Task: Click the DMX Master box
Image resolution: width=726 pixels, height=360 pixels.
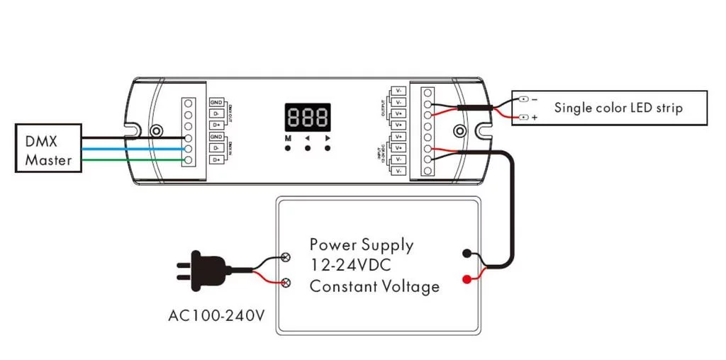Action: coord(48,150)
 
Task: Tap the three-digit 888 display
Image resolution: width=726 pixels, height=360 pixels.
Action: coord(308,116)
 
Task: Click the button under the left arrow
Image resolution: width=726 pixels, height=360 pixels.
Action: coord(308,149)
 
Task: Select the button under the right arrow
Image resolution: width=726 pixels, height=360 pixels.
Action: coord(327,149)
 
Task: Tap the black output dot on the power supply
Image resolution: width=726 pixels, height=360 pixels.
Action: coord(466,252)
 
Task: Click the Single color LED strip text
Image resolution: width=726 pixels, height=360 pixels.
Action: coord(618,108)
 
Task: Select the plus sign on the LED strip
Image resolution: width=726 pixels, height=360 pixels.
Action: coord(532,117)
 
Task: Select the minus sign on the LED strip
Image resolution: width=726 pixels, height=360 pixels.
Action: coord(533,99)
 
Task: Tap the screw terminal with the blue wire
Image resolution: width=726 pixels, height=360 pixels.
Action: coord(189,149)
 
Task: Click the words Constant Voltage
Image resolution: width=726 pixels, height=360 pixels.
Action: coord(374,286)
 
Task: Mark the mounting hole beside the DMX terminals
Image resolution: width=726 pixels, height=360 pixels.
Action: coord(157,131)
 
